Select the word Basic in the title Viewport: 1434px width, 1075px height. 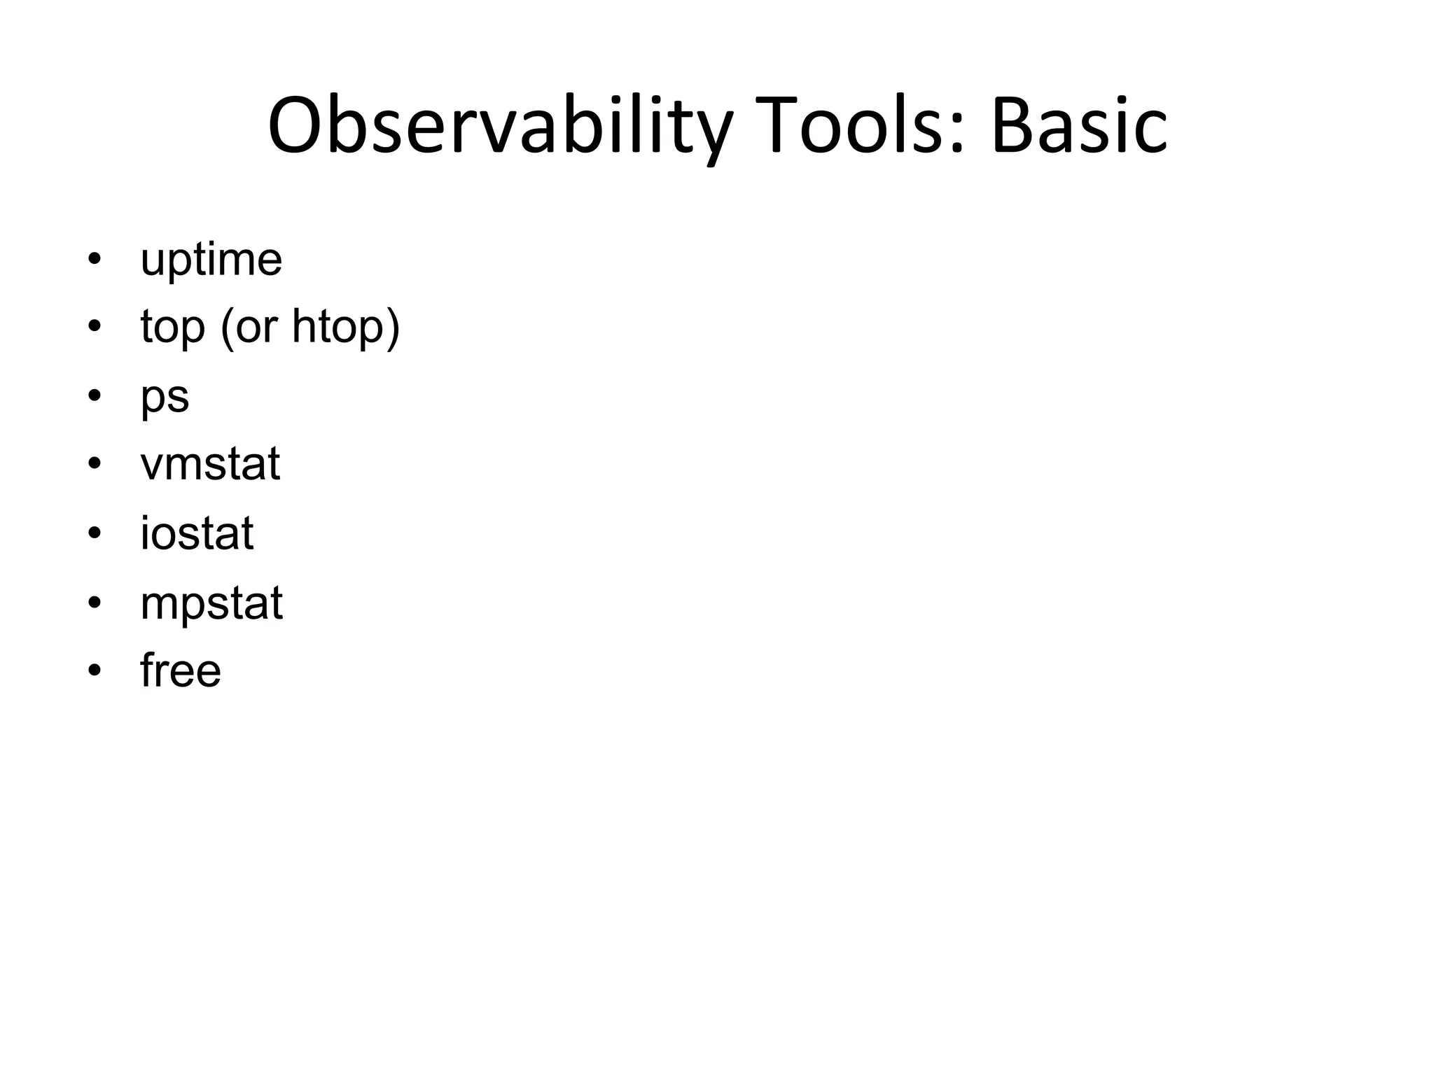pos(1078,126)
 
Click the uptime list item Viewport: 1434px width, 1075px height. pos(211,260)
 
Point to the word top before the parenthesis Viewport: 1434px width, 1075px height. pos(172,328)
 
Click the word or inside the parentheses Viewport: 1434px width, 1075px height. pos(256,328)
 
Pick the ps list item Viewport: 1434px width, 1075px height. pos(165,398)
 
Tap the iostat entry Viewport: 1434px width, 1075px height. pos(197,533)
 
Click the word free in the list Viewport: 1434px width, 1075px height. pos(181,670)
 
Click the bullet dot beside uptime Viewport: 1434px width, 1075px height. pos(95,260)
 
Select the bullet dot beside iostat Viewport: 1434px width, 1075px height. pos(95,533)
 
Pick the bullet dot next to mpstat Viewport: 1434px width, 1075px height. pos(95,602)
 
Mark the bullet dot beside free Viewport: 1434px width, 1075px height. pos(95,670)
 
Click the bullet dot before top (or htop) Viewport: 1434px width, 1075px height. pos(95,327)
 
